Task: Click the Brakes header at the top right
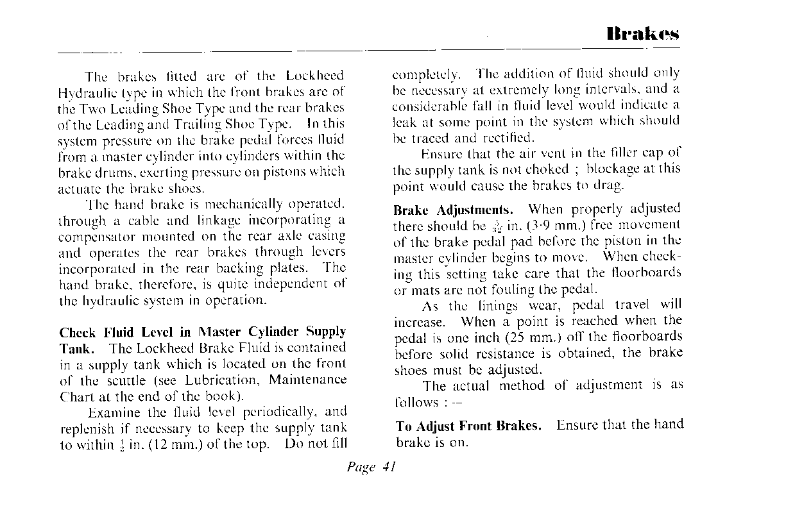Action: click(643, 33)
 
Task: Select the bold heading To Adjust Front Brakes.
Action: click(468, 426)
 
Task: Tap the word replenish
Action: click(87, 428)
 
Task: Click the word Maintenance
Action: click(308, 380)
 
